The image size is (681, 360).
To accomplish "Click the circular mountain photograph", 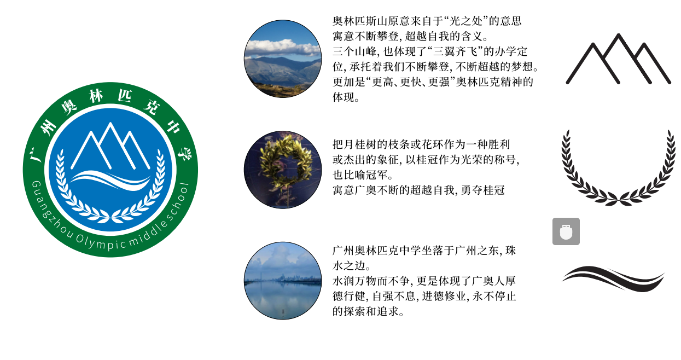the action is point(283,59).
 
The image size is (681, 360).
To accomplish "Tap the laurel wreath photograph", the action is point(283,170).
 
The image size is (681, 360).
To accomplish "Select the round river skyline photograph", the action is point(283,281).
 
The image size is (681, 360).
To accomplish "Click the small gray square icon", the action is point(566,231).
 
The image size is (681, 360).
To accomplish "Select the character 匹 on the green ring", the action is point(125,96).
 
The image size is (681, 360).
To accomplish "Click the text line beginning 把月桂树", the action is point(421,144).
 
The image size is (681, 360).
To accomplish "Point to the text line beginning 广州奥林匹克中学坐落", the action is point(424,251).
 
